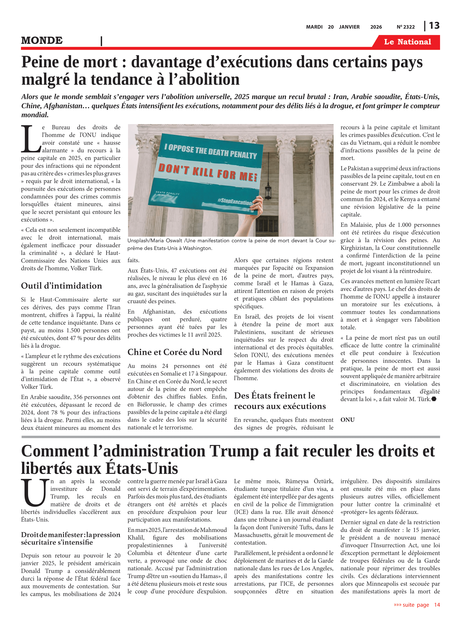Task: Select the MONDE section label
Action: [x=42, y=40]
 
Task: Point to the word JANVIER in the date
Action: [x=349, y=27]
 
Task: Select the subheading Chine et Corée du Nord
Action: [x=175, y=352]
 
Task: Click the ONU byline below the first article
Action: [x=347, y=420]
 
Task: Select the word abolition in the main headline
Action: [x=209, y=79]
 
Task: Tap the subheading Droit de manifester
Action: [x=71, y=538]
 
